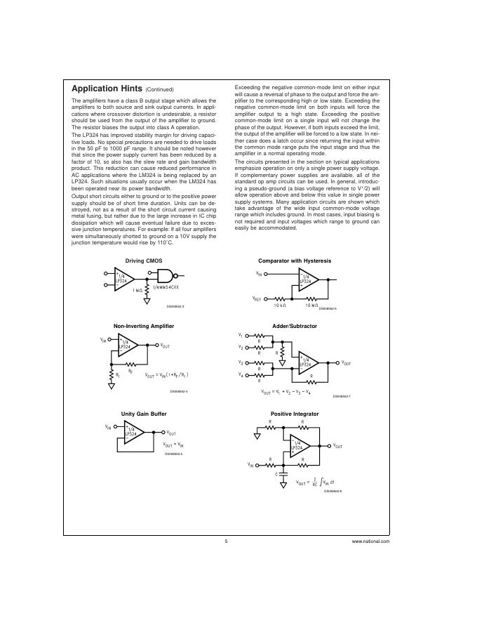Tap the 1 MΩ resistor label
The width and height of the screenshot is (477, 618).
pyautogui.click(x=138, y=289)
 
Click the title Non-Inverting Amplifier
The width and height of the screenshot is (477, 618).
pyautogui.click(x=144, y=326)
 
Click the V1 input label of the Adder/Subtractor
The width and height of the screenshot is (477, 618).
pyautogui.click(x=241, y=335)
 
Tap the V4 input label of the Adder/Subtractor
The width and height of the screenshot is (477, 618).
pyautogui.click(x=241, y=375)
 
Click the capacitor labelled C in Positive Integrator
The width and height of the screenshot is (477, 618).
pyautogui.click(x=283, y=475)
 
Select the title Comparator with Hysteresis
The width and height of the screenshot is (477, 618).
pyautogui.click(x=295, y=261)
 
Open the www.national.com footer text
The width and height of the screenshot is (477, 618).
pyautogui.click(x=370, y=542)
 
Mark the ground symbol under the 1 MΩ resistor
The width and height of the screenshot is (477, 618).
pyautogui.click(x=147, y=301)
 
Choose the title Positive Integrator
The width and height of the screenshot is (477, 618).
pyautogui.click(x=295, y=414)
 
